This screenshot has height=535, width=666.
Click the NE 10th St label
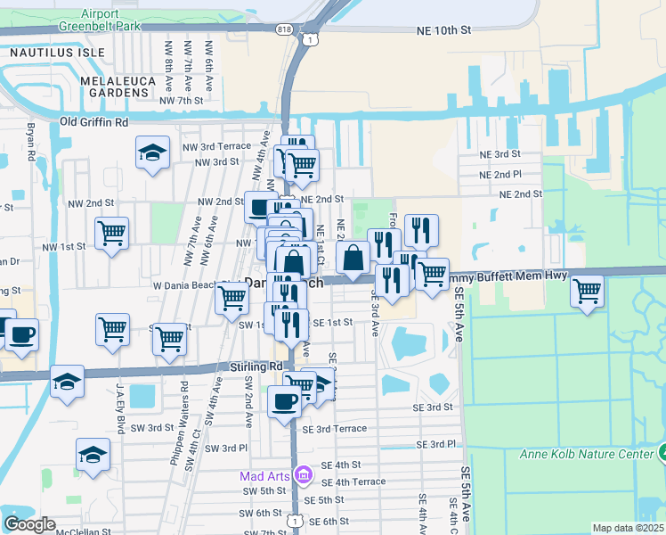pyautogui.click(x=443, y=30)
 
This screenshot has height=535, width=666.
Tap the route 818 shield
pyautogui.click(x=283, y=29)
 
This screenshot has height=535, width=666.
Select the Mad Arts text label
pyautogui.click(x=265, y=475)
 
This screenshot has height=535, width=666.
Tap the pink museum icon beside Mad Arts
pyautogui.click(x=303, y=474)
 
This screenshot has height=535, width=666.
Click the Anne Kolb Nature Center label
pyautogui.click(x=581, y=455)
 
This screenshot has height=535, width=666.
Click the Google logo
pyautogui.click(x=28, y=524)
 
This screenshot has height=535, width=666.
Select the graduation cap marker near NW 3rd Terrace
pyautogui.click(x=153, y=152)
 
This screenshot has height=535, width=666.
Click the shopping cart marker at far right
pyautogui.click(x=587, y=290)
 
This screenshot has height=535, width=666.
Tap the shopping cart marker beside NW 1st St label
pyautogui.click(x=111, y=234)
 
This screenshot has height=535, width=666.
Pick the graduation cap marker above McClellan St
pyautogui.click(x=93, y=455)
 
